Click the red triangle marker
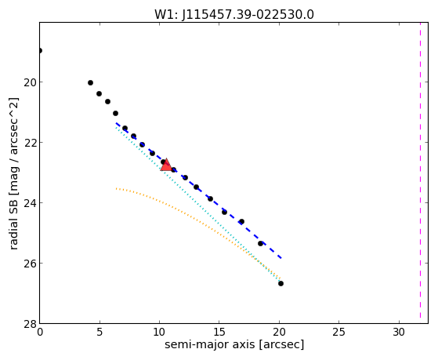tap(166, 165)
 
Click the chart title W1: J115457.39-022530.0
tap(234, 15)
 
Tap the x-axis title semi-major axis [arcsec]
tap(234, 344)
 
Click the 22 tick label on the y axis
tap(29, 143)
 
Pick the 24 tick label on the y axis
tap(29, 203)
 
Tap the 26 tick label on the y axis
tap(29, 264)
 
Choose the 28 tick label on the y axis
tap(29, 324)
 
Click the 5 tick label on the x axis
tap(100, 333)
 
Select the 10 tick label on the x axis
tap(159, 333)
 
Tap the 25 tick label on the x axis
tap(338, 333)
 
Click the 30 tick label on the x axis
tap(399, 333)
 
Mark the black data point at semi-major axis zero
tap(40, 50)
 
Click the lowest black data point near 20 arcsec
tap(281, 284)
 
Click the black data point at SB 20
tap(90, 83)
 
